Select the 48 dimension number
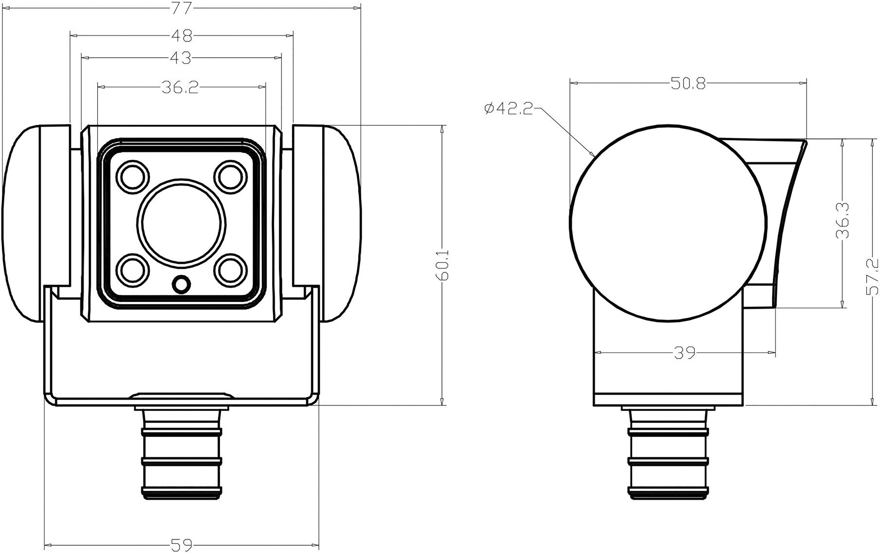click(x=182, y=36)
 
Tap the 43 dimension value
click(x=181, y=58)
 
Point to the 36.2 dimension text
click(x=179, y=87)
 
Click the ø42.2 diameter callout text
click(x=509, y=109)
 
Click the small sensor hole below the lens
click(x=181, y=284)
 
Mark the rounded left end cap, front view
click(x=22, y=224)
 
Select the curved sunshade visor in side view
click(x=786, y=219)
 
